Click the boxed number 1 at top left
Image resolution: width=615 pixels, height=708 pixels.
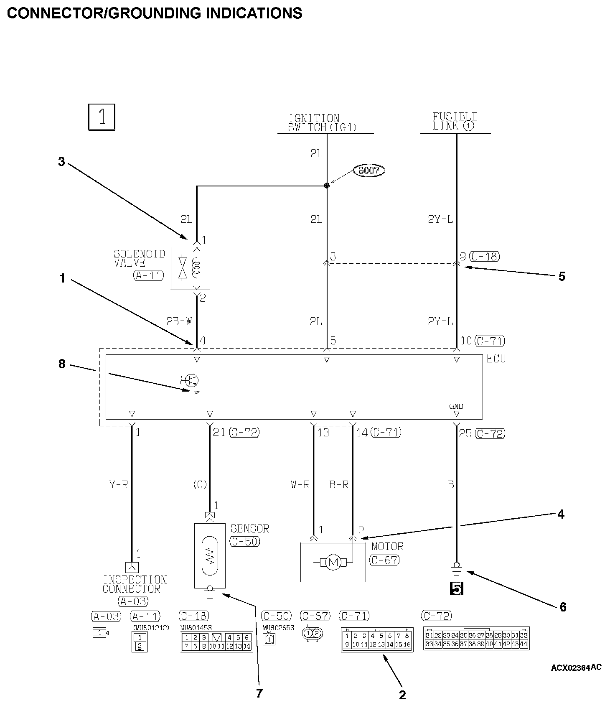pos(102,117)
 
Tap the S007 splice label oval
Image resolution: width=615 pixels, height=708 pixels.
pos(368,171)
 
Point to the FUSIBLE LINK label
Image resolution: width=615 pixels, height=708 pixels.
pos(455,121)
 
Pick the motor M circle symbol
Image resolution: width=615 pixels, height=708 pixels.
pos(333,563)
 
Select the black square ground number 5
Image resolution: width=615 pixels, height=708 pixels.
pos(456,588)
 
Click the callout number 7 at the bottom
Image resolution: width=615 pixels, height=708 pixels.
pos(259,693)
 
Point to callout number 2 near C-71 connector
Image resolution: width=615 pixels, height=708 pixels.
pos(402,695)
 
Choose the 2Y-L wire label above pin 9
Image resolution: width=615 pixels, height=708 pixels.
pos(440,219)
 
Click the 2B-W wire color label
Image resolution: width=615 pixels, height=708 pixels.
pos(179,321)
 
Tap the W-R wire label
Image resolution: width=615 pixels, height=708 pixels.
pos(300,485)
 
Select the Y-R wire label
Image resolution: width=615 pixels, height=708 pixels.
pos(118,485)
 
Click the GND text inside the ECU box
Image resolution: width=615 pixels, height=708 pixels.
pos(456,406)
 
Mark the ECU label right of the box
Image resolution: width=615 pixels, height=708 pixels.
pos(496,359)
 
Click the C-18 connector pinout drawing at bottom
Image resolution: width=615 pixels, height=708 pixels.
pos(216,642)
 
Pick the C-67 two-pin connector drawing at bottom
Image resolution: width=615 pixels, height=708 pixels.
pos(313,633)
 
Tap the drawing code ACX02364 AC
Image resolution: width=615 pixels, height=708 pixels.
pos(576,667)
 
